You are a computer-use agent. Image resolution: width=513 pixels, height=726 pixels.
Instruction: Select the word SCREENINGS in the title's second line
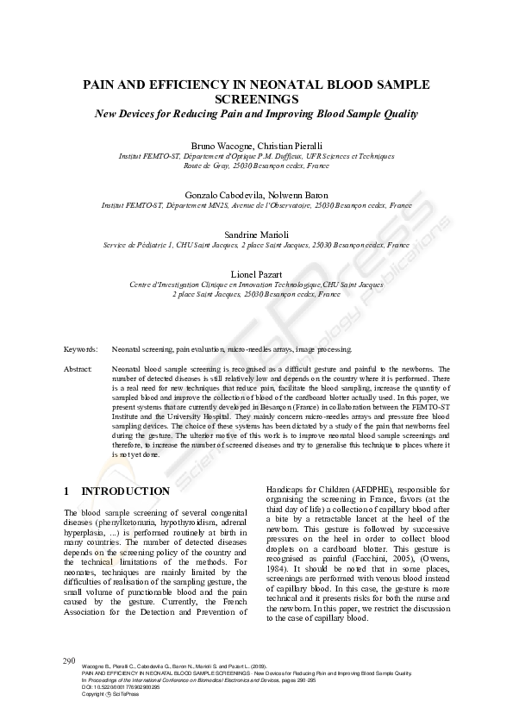point(256,99)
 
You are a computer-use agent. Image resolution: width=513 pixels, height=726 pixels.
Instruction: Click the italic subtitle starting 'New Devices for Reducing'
point(256,114)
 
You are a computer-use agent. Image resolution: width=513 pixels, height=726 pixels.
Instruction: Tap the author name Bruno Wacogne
point(215,145)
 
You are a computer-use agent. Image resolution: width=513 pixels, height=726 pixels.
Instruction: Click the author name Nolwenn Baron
point(298,195)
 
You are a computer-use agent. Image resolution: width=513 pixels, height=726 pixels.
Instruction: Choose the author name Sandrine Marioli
point(256,234)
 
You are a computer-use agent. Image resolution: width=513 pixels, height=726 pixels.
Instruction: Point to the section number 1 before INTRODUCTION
point(66,491)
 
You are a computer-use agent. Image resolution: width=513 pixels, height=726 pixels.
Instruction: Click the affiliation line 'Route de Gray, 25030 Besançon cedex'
point(255,165)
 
